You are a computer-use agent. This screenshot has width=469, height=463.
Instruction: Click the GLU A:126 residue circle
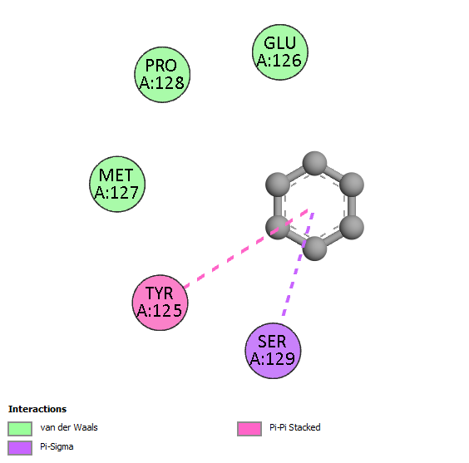tap(280, 52)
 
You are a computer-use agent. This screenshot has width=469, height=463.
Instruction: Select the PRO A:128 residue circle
tap(162, 75)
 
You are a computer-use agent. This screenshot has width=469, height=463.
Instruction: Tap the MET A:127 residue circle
tap(117, 185)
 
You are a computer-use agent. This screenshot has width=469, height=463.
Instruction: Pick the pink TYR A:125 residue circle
tap(160, 303)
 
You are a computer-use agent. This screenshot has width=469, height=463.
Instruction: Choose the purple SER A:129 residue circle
tap(273, 351)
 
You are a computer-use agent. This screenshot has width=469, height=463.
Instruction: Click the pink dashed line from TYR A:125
tap(246, 249)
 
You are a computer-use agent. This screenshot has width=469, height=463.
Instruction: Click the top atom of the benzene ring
tap(314, 163)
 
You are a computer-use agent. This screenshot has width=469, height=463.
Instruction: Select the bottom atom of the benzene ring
tap(314, 249)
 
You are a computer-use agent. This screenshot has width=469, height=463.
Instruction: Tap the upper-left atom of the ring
tap(278, 185)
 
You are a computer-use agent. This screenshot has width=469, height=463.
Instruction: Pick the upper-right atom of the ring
tap(352, 185)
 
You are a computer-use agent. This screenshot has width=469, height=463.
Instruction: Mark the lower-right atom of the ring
tap(352, 228)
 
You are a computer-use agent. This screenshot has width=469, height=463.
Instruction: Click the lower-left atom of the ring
tap(278, 228)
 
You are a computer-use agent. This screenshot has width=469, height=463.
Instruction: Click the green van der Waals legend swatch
tap(20, 429)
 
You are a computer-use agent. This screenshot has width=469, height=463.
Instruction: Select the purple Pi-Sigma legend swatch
tap(20, 448)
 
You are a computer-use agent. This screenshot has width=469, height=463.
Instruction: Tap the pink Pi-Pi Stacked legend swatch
tap(249, 429)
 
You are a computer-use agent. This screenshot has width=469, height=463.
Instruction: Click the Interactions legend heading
tap(37, 409)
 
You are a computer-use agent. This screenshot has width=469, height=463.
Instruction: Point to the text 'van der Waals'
tap(69, 427)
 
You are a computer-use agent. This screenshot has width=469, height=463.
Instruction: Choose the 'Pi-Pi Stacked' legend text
tap(295, 427)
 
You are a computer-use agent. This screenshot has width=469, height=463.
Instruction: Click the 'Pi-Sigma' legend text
tap(57, 447)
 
